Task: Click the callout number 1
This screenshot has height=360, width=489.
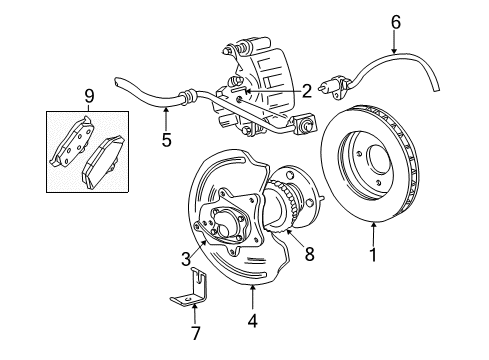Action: pos(373,255)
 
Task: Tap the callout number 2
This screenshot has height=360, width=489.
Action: pos(306,91)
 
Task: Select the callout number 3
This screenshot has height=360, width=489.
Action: pos(186,259)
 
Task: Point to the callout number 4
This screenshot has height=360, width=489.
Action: pos(252,321)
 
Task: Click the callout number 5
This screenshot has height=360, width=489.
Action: pos(166,139)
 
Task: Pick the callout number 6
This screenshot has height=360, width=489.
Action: pos(396,22)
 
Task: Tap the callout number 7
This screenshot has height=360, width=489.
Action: pos(195,333)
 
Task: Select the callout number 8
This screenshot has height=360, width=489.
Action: pos(310,255)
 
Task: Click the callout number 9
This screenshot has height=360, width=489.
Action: pos(89,96)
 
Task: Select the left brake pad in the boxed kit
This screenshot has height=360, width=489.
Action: pos(72,141)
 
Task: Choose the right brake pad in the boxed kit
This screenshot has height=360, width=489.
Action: pos(103,162)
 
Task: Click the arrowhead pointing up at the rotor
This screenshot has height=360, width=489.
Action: pos(374,225)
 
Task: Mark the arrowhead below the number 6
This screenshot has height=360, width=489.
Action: pos(395,50)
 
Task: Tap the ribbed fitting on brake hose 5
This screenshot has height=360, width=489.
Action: pos(188,96)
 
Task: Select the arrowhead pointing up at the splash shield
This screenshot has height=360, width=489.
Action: pos(252,289)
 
